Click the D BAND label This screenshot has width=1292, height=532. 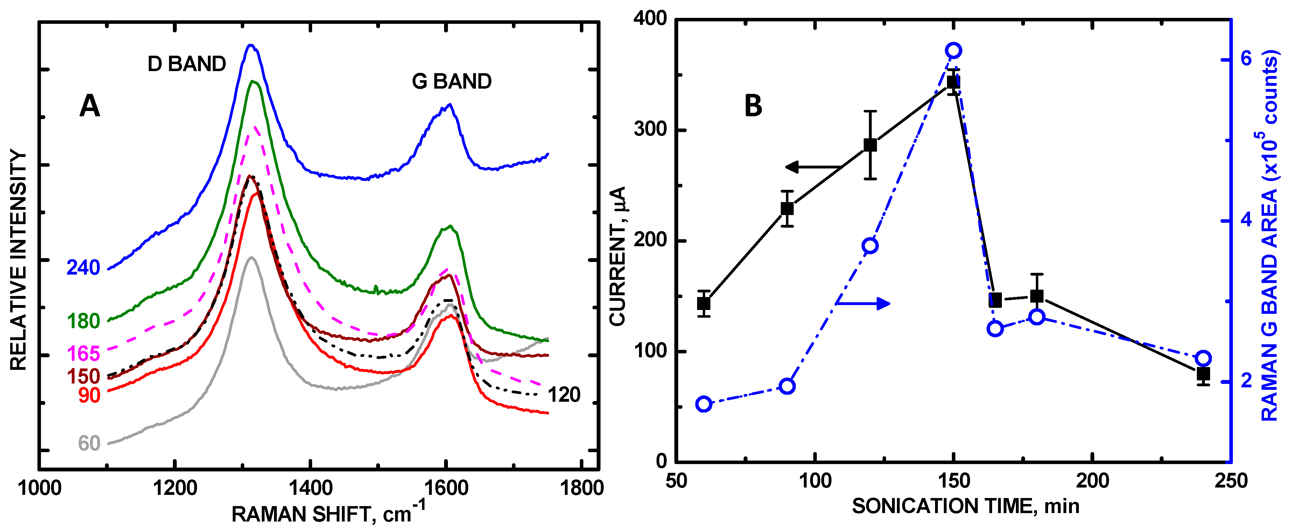(187, 64)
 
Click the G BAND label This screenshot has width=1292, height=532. (451, 81)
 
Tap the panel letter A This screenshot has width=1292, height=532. (90, 106)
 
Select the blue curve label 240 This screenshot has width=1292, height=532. (83, 268)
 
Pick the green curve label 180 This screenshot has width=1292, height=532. (83, 321)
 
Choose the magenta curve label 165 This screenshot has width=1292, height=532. (83, 354)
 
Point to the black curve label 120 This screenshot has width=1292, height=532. (564, 395)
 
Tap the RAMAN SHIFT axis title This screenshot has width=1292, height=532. (329, 514)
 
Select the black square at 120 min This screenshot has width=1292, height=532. (870, 145)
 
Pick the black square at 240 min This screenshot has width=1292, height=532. (1203, 374)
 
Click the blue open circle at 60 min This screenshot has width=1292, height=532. (704, 405)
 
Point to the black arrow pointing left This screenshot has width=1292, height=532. (813, 167)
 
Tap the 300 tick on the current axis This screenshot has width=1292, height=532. (650, 130)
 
